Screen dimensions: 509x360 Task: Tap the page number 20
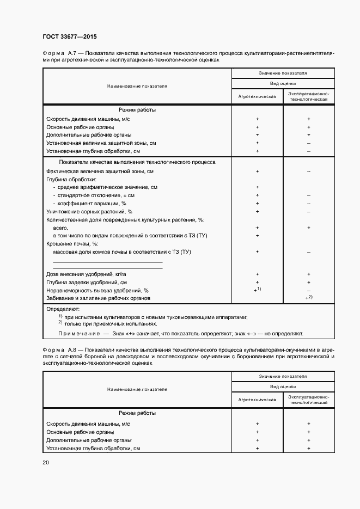[46, 462]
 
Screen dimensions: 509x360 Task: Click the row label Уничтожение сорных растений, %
[89, 211]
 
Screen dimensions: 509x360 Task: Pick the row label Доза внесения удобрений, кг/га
[86, 274]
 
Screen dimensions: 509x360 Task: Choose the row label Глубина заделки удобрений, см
[87, 283]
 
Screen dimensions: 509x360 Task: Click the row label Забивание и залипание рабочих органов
[98, 298]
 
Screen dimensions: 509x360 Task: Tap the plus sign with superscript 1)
[257, 291]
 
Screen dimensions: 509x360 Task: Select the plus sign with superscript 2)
[308, 298]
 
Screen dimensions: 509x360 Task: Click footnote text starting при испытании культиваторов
[155, 317]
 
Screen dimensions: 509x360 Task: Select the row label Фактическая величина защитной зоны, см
[95, 171]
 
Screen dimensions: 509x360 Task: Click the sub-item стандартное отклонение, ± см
[96, 195]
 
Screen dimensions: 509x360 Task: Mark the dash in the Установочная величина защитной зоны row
[308, 143]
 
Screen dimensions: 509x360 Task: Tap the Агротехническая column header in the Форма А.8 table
[257, 400]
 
